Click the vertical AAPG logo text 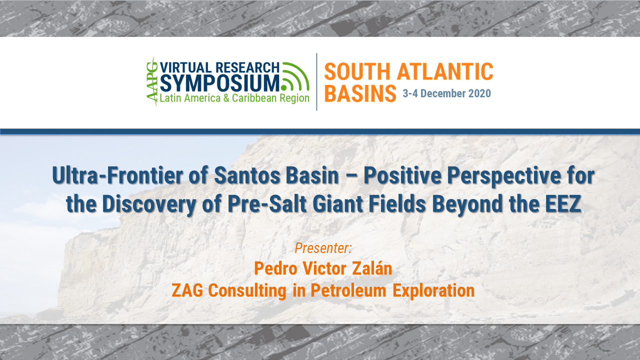click(151, 81)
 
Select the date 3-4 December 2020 click(446, 93)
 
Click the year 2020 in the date click(478, 93)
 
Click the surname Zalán click(370, 268)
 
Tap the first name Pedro click(276, 268)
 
